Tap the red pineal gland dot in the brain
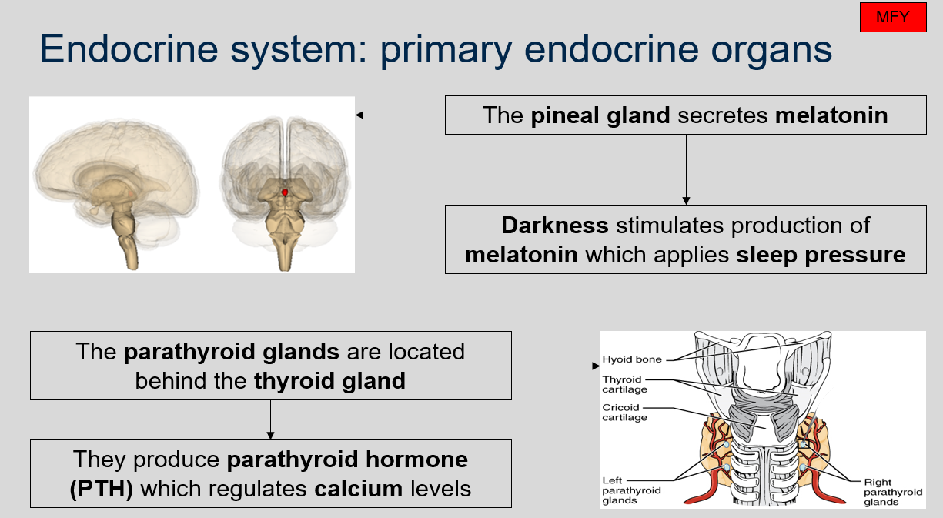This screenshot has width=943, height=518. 285,192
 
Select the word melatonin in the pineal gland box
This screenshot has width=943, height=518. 831,115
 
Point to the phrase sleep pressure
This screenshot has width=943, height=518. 821,254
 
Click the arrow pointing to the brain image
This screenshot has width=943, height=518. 400,115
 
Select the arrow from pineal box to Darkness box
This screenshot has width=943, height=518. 685,169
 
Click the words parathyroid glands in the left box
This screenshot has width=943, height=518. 231,352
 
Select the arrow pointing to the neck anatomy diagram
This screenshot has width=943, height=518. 554,366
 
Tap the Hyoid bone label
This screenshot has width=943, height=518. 631,359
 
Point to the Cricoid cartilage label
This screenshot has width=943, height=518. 624,413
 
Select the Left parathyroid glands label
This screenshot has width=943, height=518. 630,490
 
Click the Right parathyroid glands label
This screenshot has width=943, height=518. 892,492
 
